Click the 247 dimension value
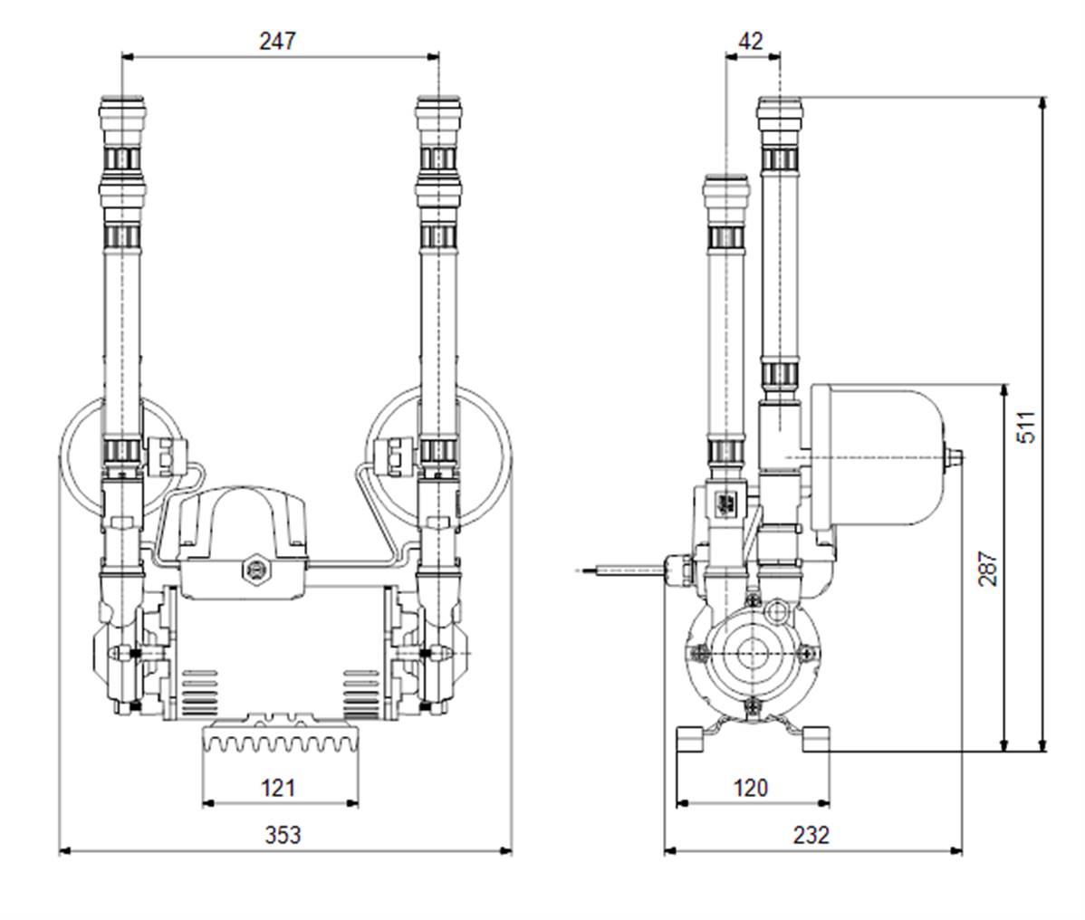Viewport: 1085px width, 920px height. point(278,41)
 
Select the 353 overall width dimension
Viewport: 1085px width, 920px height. point(283,834)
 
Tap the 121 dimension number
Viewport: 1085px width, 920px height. point(278,787)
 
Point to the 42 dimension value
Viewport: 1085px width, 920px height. point(751,41)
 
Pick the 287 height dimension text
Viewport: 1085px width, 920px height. point(987,569)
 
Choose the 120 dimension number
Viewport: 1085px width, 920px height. point(751,787)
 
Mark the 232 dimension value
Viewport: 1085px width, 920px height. point(811,834)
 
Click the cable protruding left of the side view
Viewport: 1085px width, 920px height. point(616,570)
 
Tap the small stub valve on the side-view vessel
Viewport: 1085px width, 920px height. point(955,457)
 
